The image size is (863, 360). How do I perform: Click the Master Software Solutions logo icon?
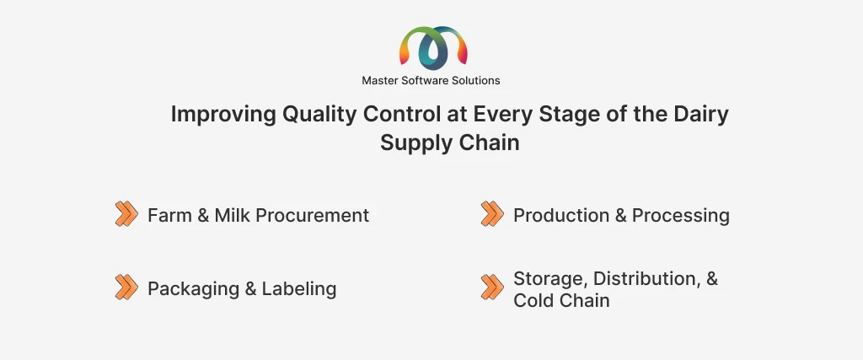(x=433, y=46)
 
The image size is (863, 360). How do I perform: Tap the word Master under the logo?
(x=378, y=80)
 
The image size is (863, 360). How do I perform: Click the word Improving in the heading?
(x=223, y=115)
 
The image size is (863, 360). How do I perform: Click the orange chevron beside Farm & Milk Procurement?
(x=126, y=213)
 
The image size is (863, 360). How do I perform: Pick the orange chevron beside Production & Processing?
(x=491, y=213)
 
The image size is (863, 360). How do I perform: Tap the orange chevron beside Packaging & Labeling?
(x=126, y=287)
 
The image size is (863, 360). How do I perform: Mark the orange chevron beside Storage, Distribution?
(x=491, y=287)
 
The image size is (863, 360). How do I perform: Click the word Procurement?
(x=313, y=215)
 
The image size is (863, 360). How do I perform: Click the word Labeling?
(x=299, y=289)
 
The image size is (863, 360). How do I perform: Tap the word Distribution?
(x=647, y=278)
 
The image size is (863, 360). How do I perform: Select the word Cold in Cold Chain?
(x=533, y=300)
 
